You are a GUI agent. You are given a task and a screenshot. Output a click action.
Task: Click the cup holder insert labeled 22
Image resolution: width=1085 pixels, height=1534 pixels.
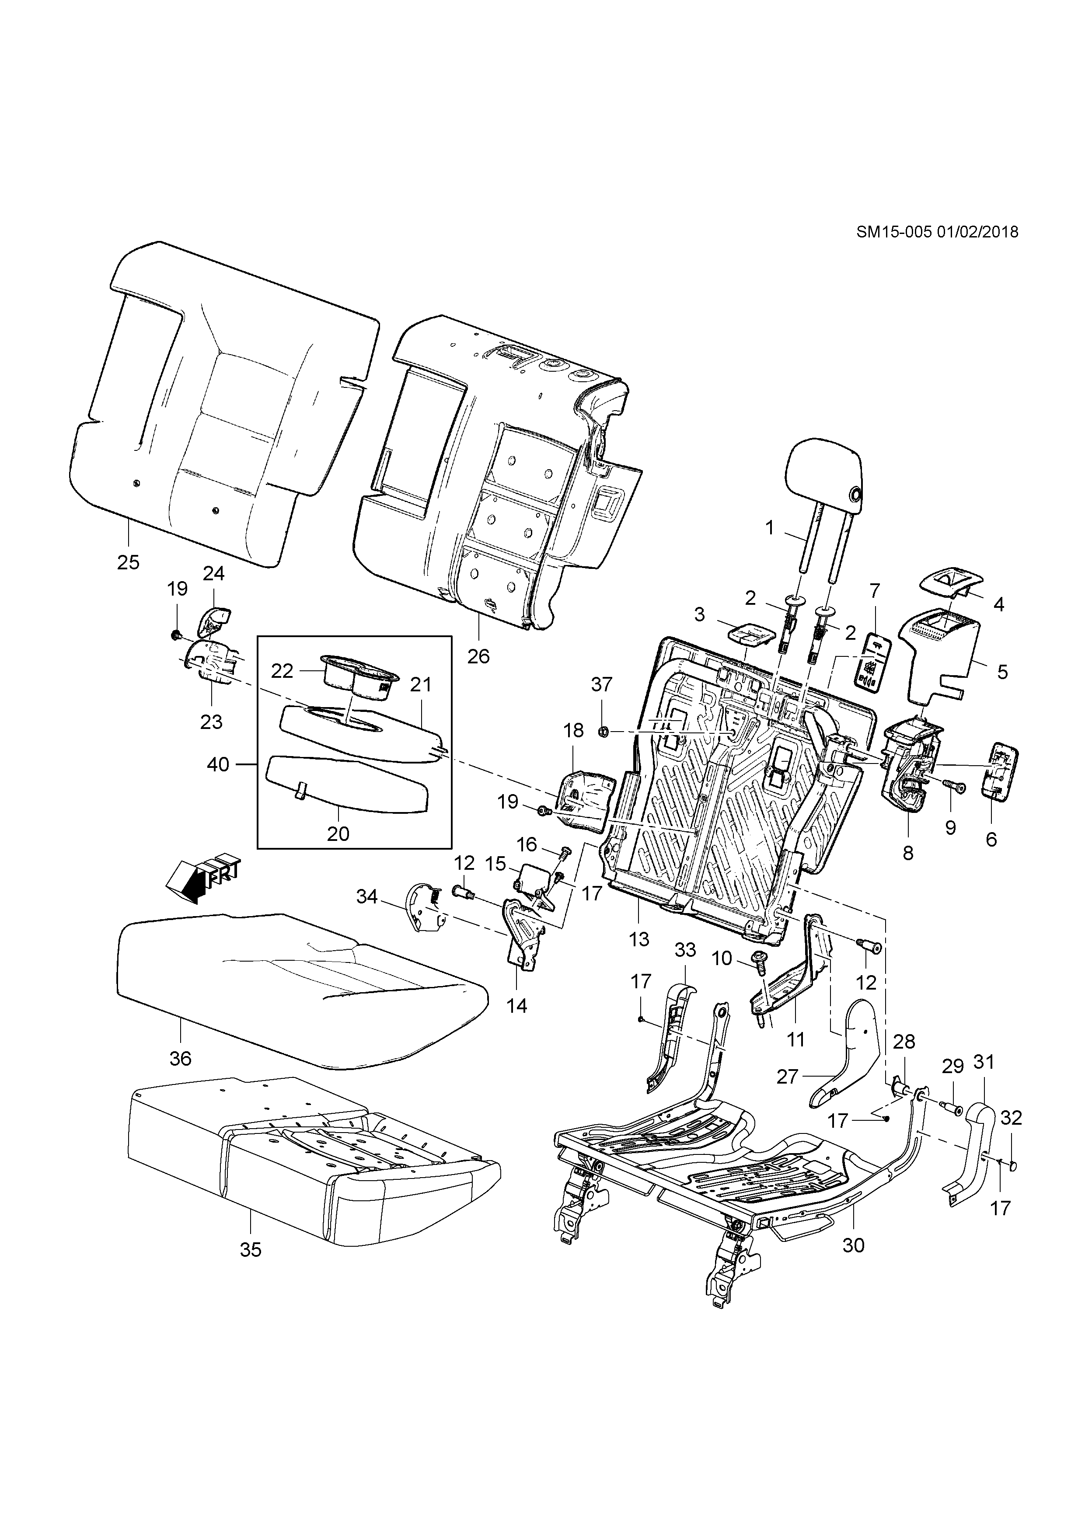pos(359,677)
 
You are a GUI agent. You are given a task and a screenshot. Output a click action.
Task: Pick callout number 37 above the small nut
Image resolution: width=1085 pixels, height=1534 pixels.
pos(601,684)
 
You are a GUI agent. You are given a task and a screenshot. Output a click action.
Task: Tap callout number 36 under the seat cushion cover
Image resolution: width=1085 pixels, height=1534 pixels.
pos(180,1058)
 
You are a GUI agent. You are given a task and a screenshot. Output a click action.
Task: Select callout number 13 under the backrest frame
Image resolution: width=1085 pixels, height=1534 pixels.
pos(638,939)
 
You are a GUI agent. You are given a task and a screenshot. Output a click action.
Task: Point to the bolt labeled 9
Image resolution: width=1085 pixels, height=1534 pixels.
pos(953,789)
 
